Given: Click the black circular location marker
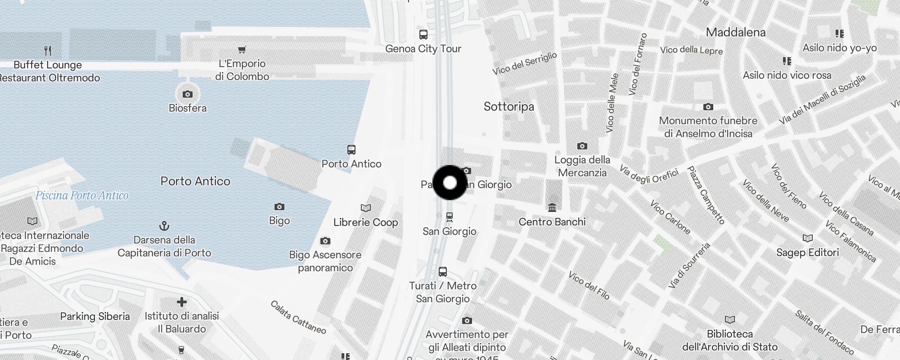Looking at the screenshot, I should tap(450, 183).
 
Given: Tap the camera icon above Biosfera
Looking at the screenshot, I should tap(188, 94).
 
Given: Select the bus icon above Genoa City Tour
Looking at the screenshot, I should tap(423, 35).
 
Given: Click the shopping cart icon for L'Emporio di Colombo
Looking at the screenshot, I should tap(242, 49).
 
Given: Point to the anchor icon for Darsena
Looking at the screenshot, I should tap(164, 226).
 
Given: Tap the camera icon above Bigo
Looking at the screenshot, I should tap(279, 207).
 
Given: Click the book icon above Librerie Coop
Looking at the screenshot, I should tap(366, 208).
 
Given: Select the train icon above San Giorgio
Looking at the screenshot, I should tap(449, 217).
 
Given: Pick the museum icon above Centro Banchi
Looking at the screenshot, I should tap(552, 207).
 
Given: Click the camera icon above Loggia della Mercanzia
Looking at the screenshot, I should tap(582, 146).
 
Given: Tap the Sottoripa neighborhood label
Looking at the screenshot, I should tap(508, 107).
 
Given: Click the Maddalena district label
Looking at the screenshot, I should tap(736, 32).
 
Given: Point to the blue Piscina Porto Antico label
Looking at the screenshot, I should tap(82, 195).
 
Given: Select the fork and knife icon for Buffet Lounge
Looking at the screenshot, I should tap(48, 50).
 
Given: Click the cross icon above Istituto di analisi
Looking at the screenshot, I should tap(182, 302).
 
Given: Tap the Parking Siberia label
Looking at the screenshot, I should tap(95, 316).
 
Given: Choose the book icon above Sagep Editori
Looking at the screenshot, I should tap(808, 238).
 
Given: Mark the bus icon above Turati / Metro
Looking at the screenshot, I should tap(443, 272).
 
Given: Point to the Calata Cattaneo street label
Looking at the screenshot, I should tap(298, 317).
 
